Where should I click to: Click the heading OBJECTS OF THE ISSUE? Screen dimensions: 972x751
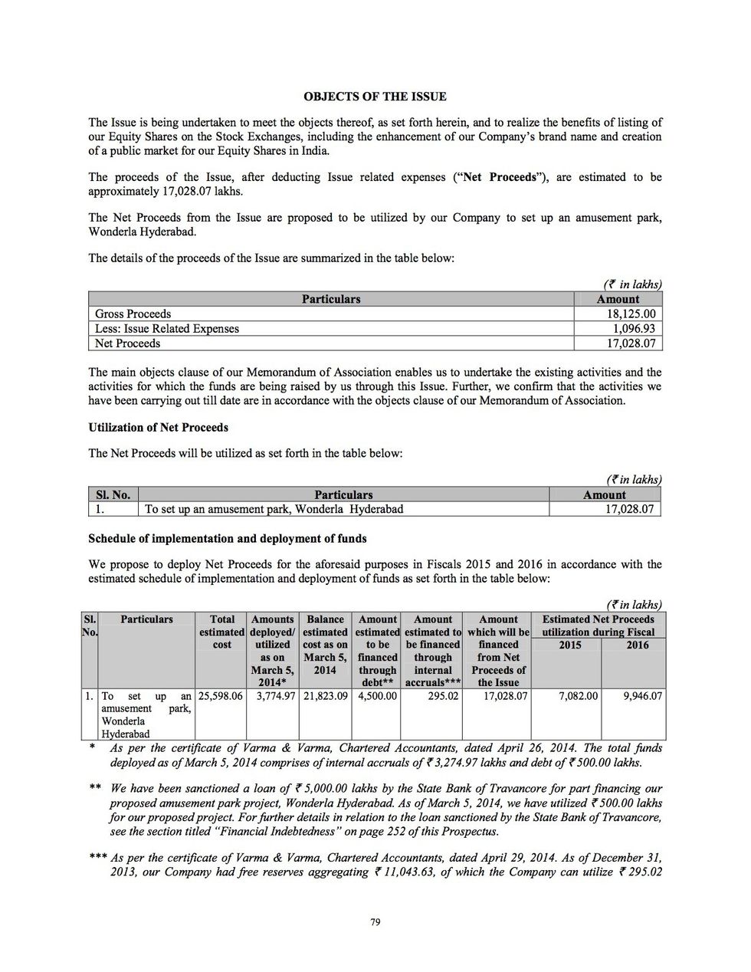coord(375,97)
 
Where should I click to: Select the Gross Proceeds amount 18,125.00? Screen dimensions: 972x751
coord(631,314)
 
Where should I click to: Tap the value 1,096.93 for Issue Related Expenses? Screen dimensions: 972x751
coord(633,329)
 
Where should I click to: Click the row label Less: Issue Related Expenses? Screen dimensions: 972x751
coord(167,329)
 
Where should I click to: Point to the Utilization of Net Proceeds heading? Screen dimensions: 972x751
coord(158,427)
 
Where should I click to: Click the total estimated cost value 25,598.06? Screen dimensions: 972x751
coord(221,696)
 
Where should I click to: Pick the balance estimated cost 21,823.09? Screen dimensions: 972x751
coord(325,696)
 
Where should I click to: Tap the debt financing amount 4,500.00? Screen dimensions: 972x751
coord(378,696)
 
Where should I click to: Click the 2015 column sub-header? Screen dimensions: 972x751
coord(569,645)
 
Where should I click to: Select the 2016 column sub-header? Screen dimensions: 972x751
coord(635,645)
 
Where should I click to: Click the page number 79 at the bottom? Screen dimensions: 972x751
coord(375,922)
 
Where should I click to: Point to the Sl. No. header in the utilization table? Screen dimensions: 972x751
coord(113,495)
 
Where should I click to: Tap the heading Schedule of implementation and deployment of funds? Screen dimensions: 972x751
coord(228,538)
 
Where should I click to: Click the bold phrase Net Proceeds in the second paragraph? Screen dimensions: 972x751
coord(502,177)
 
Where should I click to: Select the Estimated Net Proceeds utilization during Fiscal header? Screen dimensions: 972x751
coord(599,626)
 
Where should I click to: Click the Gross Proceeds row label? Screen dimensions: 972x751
coord(133,314)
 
